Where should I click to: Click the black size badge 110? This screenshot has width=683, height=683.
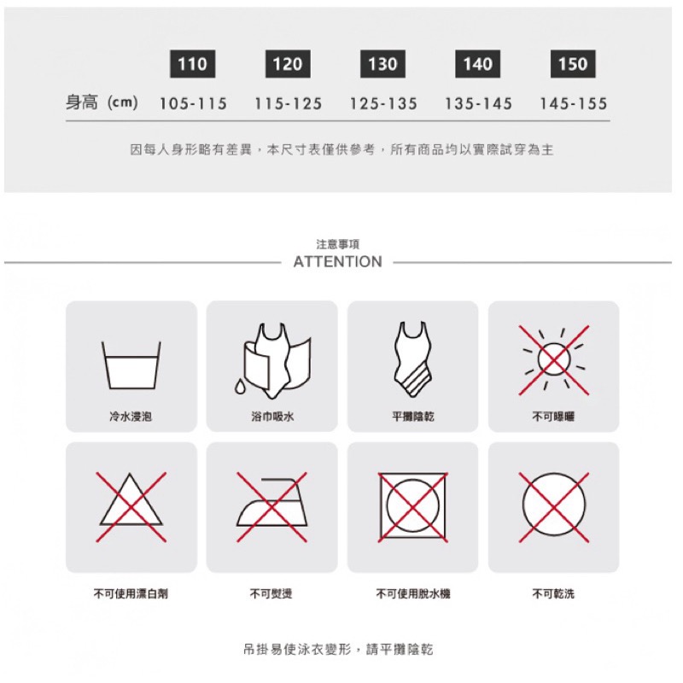pyautogui.click(x=192, y=64)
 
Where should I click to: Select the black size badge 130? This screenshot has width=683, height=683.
pyautogui.click(x=382, y=64)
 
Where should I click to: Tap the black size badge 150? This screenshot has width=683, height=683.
pyautogui.click(x=573, y=64)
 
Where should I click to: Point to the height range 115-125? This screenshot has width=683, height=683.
pyautogui.click(x=288, y=103)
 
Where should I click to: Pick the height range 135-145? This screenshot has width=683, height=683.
pyautogui.click(x=478, y=103)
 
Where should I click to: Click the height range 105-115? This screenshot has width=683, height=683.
pyautogui.click(x=193, y=103)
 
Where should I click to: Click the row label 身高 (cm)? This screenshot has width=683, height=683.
pyautogui.click(x=102, y=103)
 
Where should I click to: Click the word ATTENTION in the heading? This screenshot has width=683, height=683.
pyautogui.click(x=337, y=262)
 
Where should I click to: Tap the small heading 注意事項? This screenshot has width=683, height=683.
pyautogui.click(x=337, y=244)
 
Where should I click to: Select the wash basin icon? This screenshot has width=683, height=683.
pyautogui.click(x=131, y=365)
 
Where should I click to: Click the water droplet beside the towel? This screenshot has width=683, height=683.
pyautogui.click(x=240, y=387)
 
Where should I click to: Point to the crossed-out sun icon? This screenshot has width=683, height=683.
pyautogui.click(x=553, y=360)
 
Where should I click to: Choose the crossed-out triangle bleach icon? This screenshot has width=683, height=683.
pyautogui.click(x=131, y=507)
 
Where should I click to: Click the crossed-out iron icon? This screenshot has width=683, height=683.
pyautogui.click(x=271, y=507)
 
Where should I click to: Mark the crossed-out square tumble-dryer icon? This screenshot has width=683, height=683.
pyautogui.click(x=412, y=507)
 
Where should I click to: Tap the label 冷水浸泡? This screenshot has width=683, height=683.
pyautogui.click(x=131, y=417)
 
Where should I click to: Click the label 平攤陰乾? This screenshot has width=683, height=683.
pyautogui.click(x=412, y=417)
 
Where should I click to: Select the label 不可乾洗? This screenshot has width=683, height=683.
pyautogui.click(x=553, y=593)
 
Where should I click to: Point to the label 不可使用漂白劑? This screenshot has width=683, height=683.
pyautogui.click(x=131, y=593)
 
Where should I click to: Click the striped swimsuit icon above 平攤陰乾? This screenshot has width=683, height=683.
pyautogui.click(x=413, y=359)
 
